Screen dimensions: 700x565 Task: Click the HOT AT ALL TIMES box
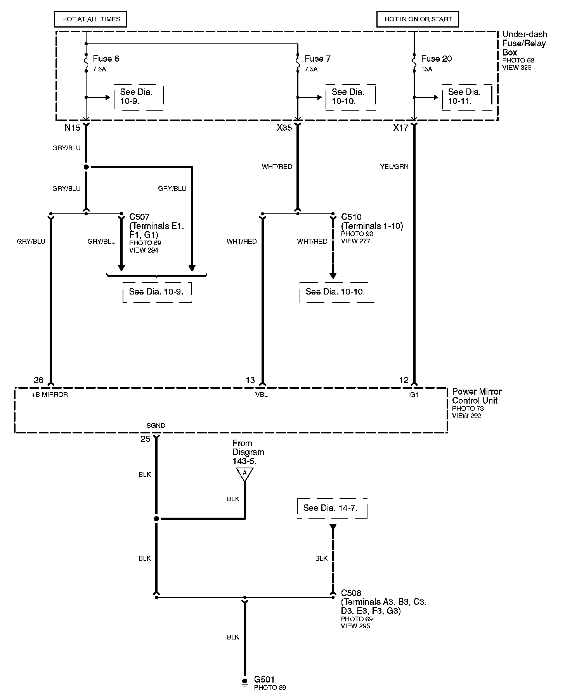(91, 19)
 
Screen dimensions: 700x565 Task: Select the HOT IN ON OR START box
(418, 19)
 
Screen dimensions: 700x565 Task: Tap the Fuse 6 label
(106, 59)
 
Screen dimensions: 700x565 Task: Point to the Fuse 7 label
(317, 59)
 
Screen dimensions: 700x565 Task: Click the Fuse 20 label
(436, 59)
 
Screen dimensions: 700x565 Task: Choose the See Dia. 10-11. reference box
(467, 97)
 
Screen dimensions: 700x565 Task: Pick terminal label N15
(72, 128)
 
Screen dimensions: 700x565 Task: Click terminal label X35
(284, 128)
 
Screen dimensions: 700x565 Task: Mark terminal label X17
(400, 128)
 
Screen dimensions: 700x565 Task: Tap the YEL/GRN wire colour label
(394, 167)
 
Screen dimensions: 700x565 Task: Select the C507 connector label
(139, 217)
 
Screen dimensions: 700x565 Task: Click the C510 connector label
(351, 217)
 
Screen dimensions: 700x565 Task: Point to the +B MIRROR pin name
(50, 395)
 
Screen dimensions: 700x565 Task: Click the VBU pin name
(262, 395)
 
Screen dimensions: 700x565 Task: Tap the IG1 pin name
(414, 395)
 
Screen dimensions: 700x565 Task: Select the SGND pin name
(156, 426)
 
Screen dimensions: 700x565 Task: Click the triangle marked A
(244, 473)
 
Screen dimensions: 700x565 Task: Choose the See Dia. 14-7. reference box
(332, 508)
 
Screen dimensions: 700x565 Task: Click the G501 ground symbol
(244, 682)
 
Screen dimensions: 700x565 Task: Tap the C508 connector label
(351, 593)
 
